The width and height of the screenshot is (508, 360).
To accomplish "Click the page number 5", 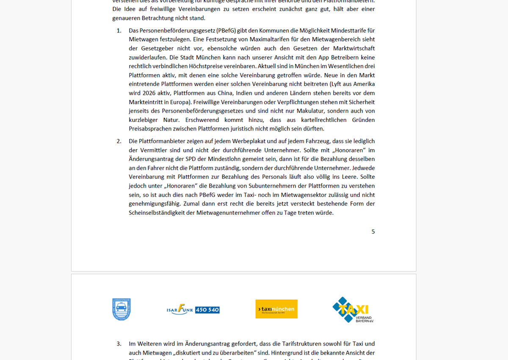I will pyautogui.click(x=373, y=232).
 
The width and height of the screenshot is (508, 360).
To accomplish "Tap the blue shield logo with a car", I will pyautogui.click(x=121, y=310).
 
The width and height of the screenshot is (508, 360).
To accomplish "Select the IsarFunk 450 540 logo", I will pyautogui.click(x=193, y=310).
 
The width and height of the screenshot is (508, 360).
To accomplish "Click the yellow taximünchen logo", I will pyautogui.click(x=276, y=309).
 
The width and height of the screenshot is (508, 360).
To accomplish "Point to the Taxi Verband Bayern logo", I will pyautogui.click(x=353, y=310).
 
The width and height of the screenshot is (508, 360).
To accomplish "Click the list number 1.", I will pyautogui.click(x=119, y=30).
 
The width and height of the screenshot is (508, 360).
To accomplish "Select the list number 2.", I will pyautogui.click(x=119, y=141).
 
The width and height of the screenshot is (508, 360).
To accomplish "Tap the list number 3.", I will pyautogui.click(x=119, y=344).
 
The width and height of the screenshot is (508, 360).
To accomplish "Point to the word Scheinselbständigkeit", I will pyautogui.click(x=161, y=213).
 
